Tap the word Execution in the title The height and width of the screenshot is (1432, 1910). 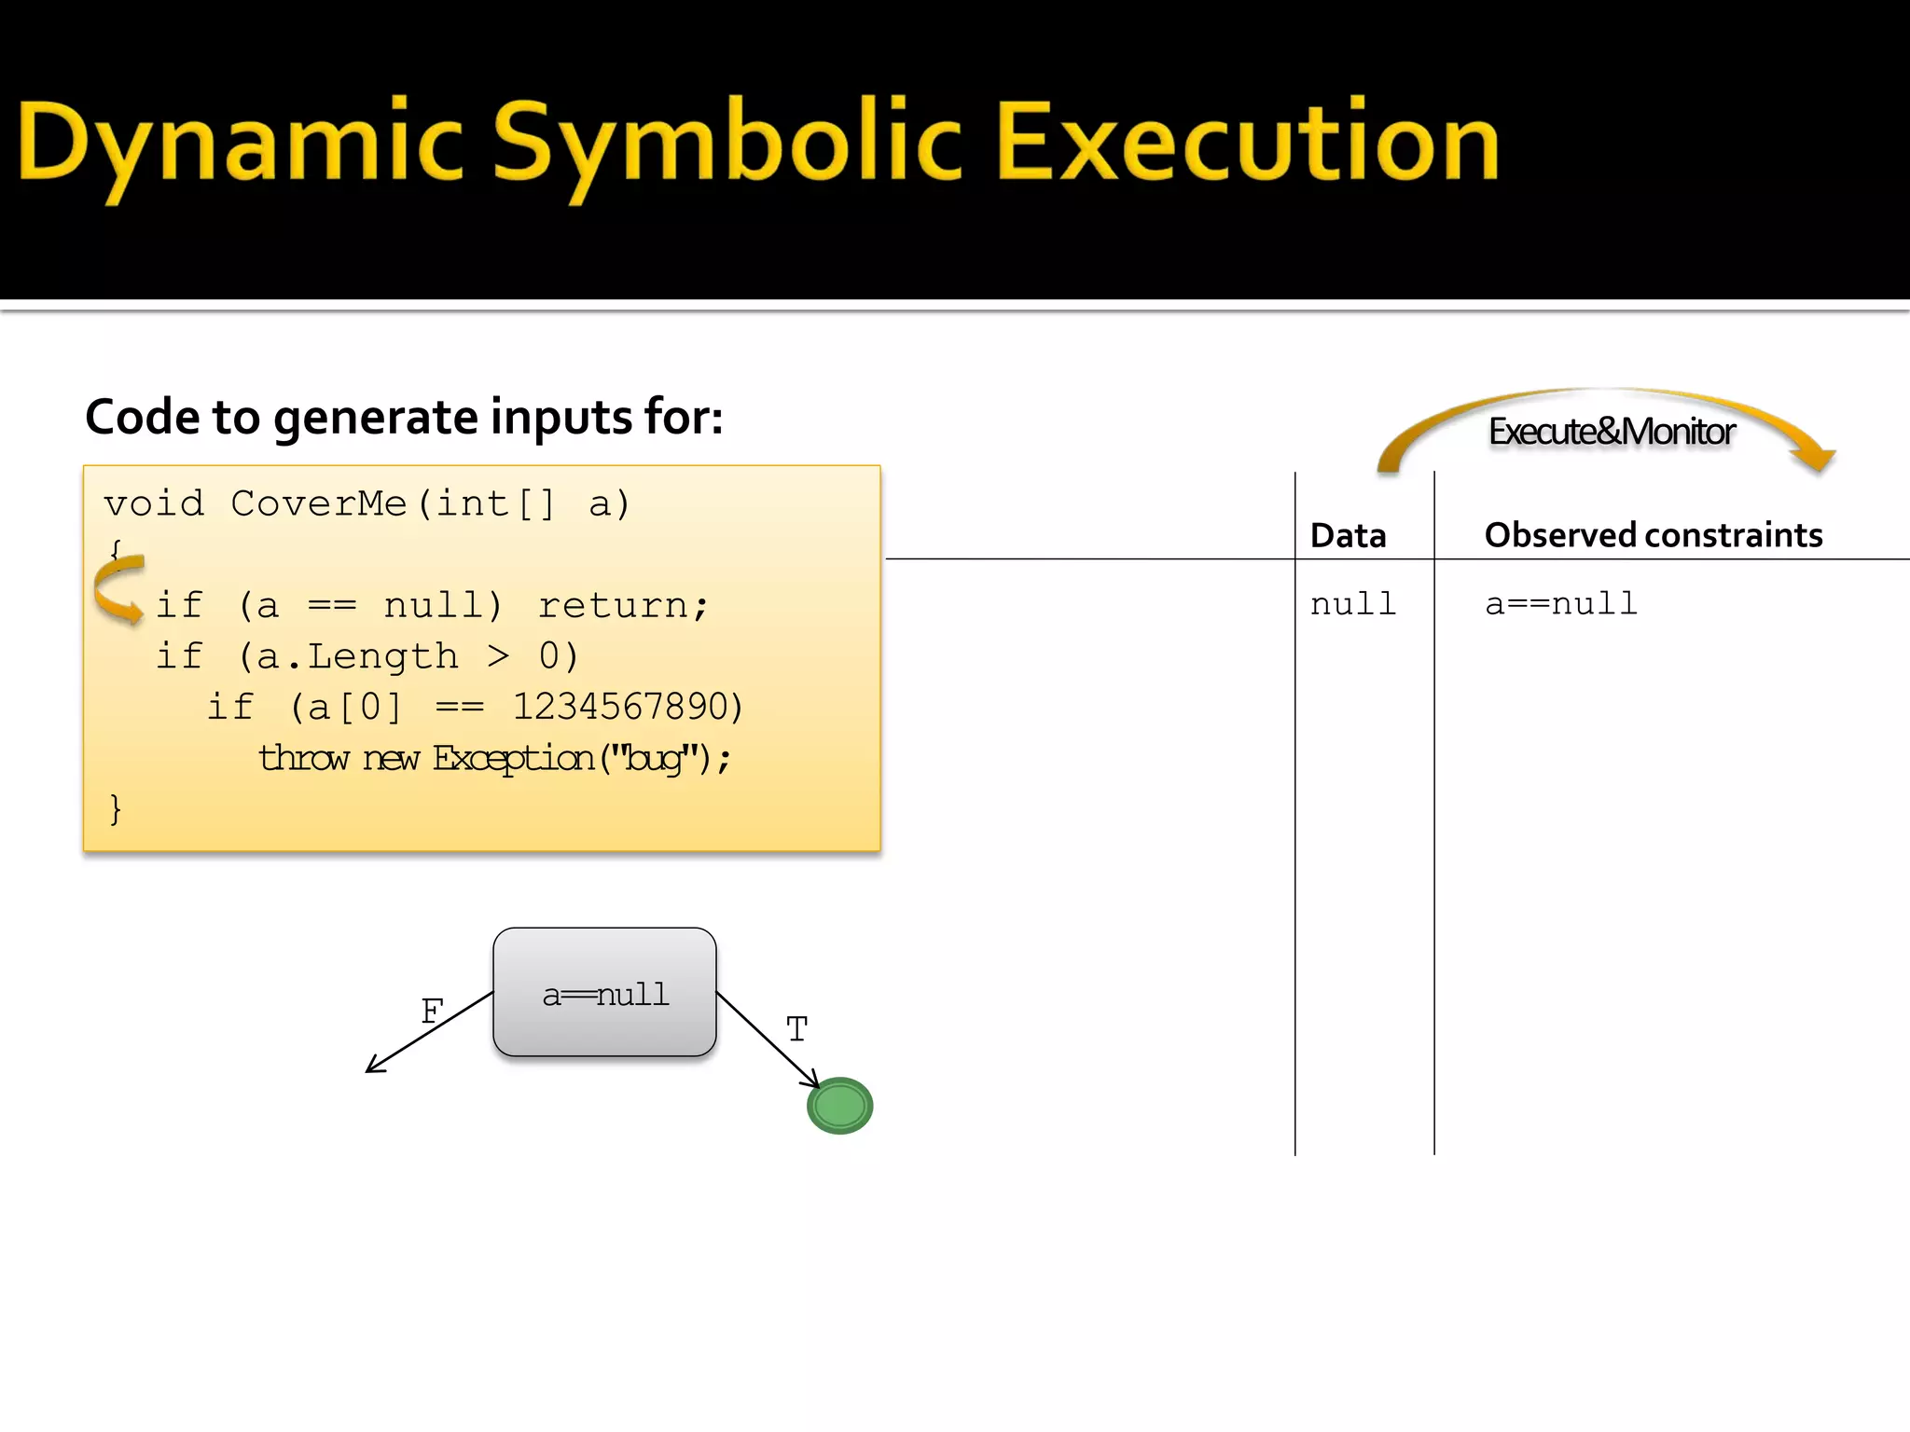tap(1247, 142)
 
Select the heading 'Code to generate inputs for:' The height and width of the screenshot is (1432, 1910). tap(404, 417)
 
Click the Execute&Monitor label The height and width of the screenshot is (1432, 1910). tap(1611, 432)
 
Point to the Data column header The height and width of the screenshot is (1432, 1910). tap(1348, 535)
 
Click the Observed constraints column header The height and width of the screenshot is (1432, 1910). tap(1653, 535)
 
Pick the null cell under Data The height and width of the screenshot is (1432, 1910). tap(1352, 604)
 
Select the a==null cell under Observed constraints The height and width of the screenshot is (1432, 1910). tap(1560, 604)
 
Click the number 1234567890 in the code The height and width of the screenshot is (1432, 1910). tap(627, 707)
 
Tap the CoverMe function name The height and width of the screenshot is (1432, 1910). tap(318, 503)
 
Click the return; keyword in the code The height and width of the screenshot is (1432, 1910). tap(623, 606)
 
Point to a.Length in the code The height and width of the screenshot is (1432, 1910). tap(357, 656)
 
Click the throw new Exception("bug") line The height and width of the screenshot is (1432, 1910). tap(494, 758)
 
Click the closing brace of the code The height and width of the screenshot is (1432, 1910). tap(115, 808)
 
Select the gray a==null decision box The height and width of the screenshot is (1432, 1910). tap(604, 992)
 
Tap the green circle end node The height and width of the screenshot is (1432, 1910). tap(839, 1106)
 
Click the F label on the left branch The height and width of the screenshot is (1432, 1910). tap(431, 1012)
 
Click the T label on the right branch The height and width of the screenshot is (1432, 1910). tap(796, 1029)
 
